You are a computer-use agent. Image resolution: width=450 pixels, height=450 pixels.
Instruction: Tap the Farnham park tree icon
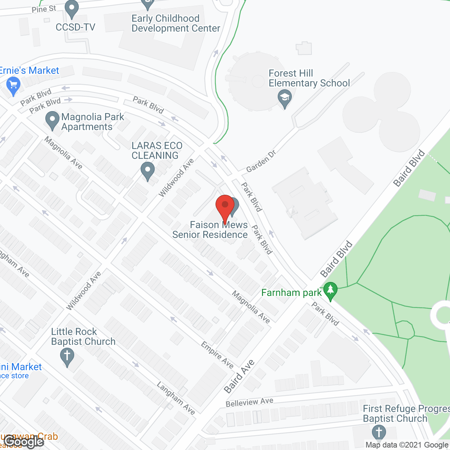coord(330,291)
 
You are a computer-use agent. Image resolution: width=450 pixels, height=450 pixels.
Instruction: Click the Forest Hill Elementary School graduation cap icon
coord(284,98)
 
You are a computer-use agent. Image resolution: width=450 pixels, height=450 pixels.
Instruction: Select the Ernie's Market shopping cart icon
coord(13,86)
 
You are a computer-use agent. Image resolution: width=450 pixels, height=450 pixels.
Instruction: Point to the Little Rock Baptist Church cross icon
coord(67,357)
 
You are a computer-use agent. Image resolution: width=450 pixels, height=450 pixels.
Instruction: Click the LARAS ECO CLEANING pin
coord(148,171)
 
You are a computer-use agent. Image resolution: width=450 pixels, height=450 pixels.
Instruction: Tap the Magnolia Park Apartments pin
coord(52,121)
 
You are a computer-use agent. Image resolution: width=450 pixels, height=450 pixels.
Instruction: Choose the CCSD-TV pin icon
coord(72,9)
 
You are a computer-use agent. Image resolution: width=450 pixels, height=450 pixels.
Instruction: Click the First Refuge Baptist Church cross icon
coord(379,433)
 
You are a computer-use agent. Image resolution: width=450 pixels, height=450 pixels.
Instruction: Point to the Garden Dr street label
coord(261,161)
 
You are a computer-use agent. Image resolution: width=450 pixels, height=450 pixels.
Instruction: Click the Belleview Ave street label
coord(249,402)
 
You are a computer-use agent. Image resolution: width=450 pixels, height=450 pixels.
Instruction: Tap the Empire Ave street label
coord(217,355)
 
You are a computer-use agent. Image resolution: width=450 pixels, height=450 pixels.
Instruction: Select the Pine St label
coord(44,9)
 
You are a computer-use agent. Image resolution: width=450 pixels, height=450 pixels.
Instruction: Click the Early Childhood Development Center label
coord(176,23)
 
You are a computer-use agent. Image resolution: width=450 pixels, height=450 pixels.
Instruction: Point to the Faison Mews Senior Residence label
coord(210,230)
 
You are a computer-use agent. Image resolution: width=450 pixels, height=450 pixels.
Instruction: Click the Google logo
coord(24,442)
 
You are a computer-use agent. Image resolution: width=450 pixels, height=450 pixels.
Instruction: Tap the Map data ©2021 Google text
coord(407,445)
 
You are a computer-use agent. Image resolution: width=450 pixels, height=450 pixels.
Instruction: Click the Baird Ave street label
coord(239,376)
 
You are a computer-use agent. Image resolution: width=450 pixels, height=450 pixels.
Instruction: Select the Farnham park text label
coord(291,292)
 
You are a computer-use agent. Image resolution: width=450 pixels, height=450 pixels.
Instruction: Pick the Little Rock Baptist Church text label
coord(83,336)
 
